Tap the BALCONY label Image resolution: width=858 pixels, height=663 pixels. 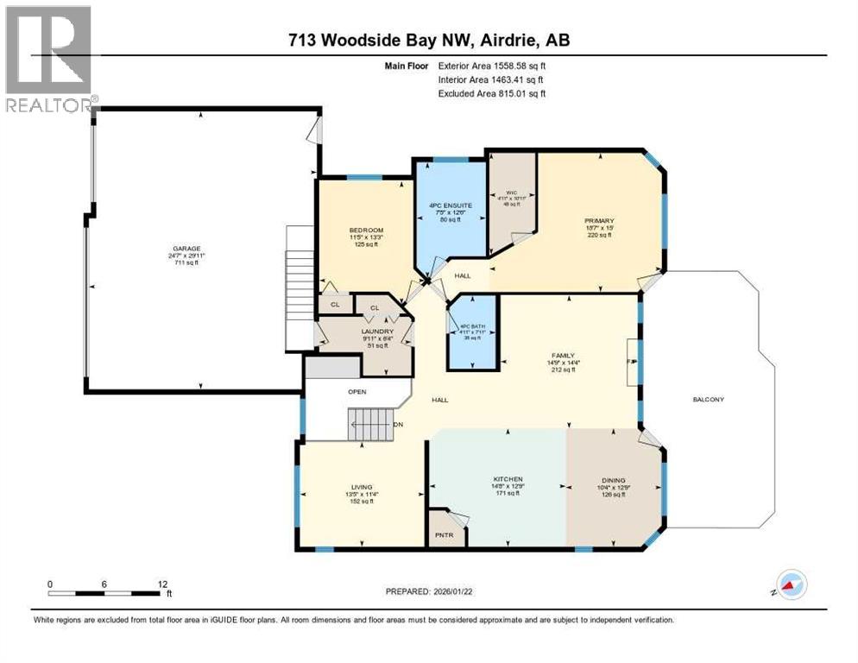click(708, 399)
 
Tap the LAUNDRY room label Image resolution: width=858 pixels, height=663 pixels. click(377, 331)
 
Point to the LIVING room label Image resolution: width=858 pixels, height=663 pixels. click(360, 488)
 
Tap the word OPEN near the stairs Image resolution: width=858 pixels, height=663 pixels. click(357, 391)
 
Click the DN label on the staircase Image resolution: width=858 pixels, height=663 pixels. click(397, 424)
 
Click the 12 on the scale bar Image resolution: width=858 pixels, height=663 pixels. click(161, 584)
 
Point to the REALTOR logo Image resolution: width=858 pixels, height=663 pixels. click(48, 59)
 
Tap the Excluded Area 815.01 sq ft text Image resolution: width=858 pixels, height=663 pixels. click(492, 93)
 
